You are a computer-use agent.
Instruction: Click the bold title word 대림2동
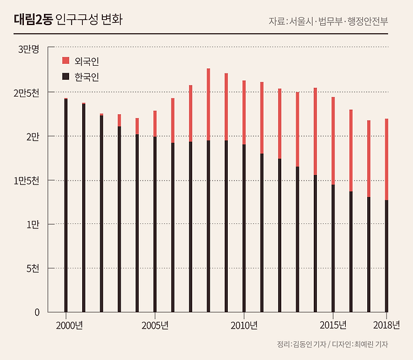pos(32,19)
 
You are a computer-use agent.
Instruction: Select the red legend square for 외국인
pos(65,61)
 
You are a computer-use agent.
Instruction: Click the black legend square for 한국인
pos(65,77)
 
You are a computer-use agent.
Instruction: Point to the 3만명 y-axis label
pos(28,49)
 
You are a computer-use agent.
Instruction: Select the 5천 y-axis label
pos(33,268)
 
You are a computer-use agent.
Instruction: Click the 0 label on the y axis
pos(37,312)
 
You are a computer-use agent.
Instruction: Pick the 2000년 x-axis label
pos(69,325)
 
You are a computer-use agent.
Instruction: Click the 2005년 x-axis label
pos(155,325)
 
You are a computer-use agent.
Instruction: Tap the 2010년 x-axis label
pos(244,325)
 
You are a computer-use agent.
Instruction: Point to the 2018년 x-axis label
pos(386,325)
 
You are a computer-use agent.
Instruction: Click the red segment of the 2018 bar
pos(387,159)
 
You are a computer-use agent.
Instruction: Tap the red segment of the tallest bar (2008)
pos(208,104)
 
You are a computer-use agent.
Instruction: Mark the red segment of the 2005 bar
pos(155,124)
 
